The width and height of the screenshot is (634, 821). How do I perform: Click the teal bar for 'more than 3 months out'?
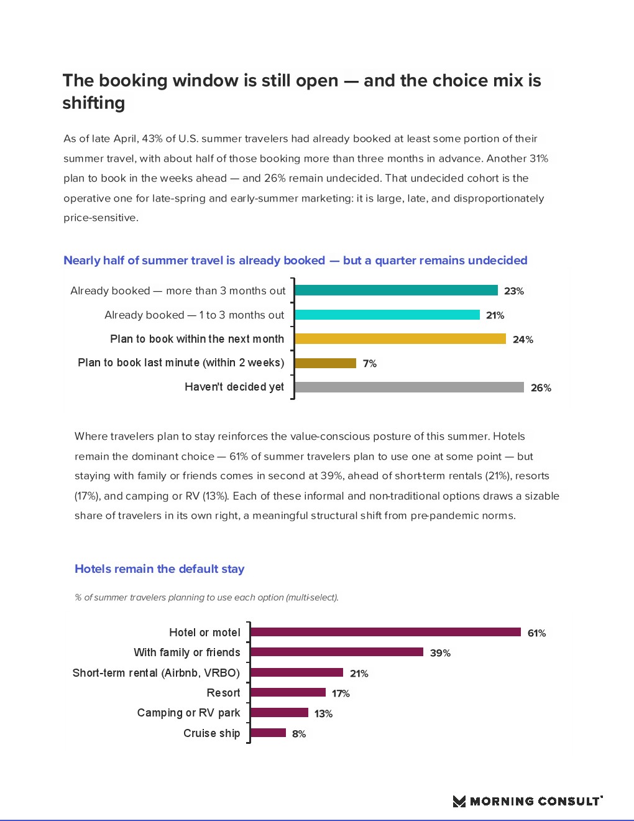[396, 290]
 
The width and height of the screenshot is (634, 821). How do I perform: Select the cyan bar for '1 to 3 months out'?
[387, 314]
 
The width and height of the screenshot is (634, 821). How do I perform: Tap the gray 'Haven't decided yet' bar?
[410, 387]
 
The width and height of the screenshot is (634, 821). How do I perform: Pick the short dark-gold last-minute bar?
[325, 363]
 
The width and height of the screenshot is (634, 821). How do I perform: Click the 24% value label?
[523, 339]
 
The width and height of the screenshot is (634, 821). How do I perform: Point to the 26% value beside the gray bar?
[541, 387]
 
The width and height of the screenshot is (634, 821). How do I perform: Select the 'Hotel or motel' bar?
[385, 632]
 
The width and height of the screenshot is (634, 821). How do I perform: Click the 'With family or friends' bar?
[337, 652]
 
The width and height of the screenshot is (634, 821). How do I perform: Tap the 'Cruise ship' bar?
[268, 733]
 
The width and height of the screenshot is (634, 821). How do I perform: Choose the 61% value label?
[536, 633]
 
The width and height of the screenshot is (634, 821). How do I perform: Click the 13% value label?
[323, 713]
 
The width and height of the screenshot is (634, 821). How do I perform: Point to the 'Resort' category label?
[223, 692]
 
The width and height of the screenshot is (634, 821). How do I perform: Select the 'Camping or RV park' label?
[188, 713]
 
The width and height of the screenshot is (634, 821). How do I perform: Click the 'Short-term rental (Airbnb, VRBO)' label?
[157, 672]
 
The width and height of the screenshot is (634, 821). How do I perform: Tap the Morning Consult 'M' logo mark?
[459, 801]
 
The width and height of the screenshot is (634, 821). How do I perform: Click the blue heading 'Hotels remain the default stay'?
[159, 568]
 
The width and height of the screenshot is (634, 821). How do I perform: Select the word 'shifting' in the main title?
[94, 103]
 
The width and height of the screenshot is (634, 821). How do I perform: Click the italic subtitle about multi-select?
[206, 597]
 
